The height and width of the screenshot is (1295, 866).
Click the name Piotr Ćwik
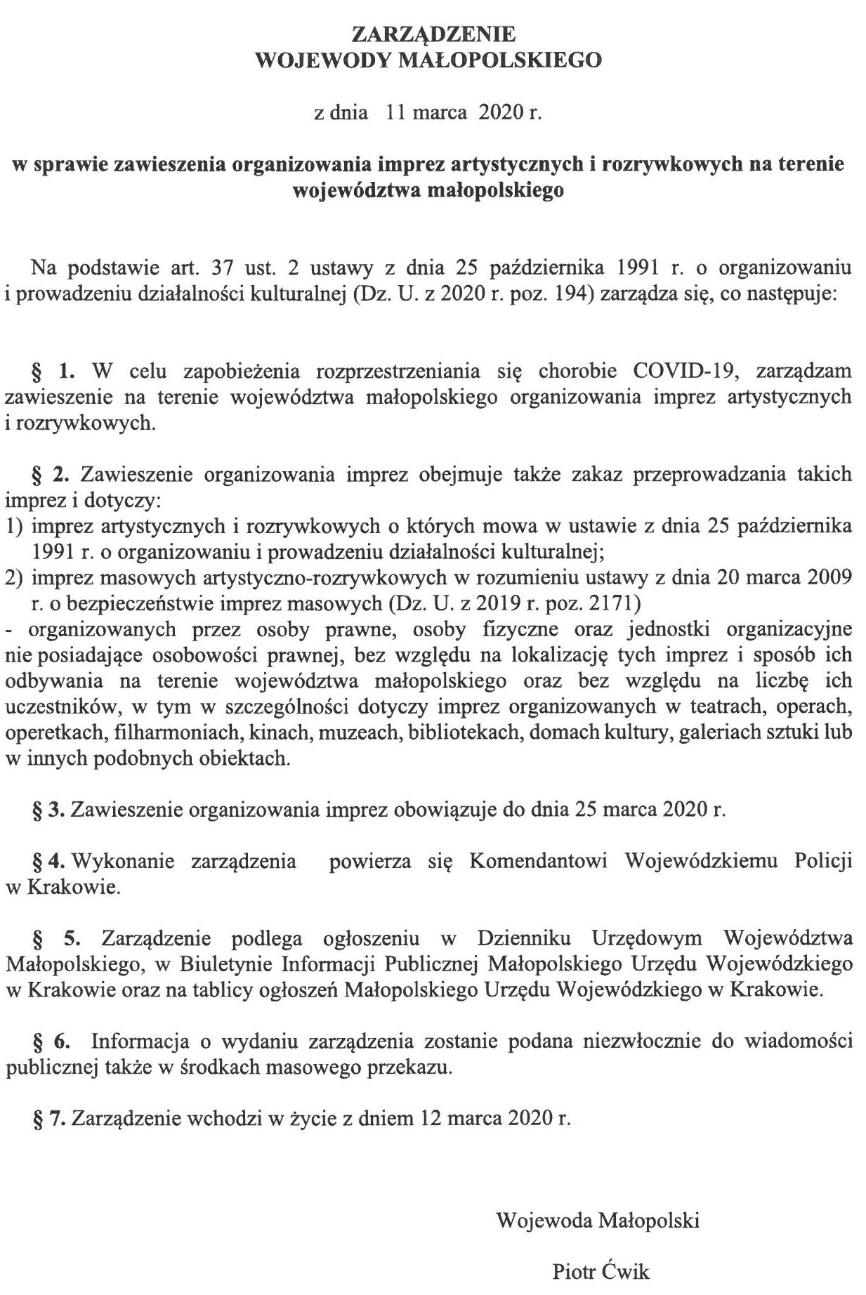click(601, 1271)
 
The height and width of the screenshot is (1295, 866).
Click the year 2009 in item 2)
click(830, 577)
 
